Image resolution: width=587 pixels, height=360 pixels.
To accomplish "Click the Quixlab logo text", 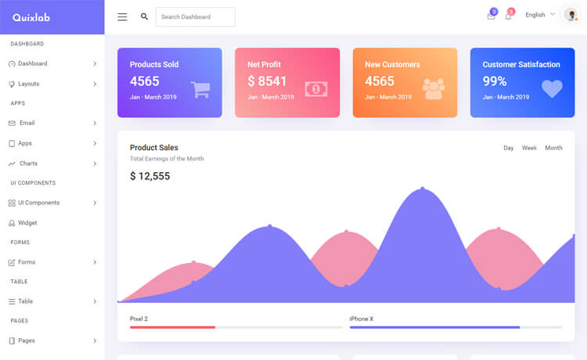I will click(31, 17).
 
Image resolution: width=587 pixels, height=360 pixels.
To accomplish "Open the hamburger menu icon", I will click(122, 16).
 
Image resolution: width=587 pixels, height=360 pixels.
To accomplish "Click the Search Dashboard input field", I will click(195, 16).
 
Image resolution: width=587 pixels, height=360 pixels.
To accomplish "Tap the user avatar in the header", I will click(571, 15).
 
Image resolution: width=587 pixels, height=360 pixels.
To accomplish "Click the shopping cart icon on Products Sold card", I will click(200, 89).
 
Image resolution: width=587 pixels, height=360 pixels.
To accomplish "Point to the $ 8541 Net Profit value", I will click(267, 81).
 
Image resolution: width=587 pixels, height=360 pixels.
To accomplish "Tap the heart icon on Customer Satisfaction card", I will click(552, 88).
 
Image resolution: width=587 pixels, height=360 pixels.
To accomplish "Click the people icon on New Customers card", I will click(434, 88).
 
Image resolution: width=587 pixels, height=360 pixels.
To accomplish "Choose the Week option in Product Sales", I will click(529, 148).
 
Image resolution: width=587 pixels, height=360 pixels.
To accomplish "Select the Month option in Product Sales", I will click(553, 148).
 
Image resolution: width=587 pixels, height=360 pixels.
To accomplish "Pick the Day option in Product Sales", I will click(509, 148).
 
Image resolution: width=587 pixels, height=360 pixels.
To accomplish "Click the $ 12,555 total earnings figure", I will click(149, 176).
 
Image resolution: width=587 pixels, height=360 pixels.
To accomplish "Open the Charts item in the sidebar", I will click(28, 164).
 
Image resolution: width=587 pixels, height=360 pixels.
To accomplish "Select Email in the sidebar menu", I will click(27, 123).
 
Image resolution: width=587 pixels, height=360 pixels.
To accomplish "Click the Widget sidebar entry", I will click(27, 223).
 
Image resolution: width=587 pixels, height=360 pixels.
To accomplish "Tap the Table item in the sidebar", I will click(26, 301).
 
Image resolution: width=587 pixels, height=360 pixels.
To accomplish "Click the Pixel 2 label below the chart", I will click(139, 319).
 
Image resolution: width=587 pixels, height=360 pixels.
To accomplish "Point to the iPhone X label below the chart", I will click(361, 319).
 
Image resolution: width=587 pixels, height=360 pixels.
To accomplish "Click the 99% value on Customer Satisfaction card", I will click(495, 81).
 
